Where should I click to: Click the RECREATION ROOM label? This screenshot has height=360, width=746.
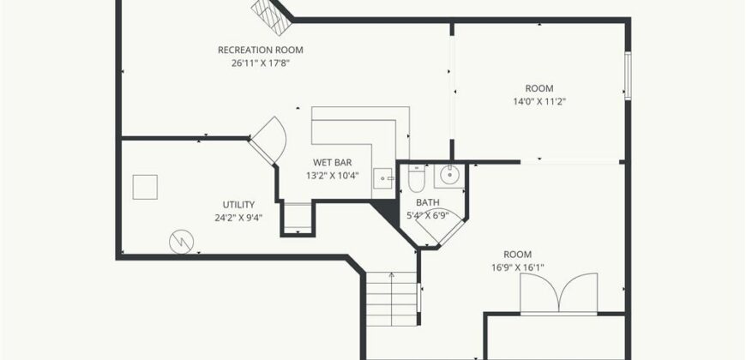[x=261, y=50]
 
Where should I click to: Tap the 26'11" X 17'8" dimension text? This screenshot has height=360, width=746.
[x=261, y=63]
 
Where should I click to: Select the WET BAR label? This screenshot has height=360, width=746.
[x=332, y=163]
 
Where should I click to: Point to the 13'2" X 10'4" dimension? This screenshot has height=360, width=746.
[x=332, y=176]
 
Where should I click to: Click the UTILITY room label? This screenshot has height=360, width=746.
[x=238, y=205]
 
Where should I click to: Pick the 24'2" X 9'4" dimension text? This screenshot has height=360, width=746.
[x=238, y=218]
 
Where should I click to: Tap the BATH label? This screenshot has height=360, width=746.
[x=428, y=202]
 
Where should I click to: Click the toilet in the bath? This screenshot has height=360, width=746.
[x=416, y=177]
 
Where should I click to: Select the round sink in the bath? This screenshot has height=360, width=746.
[x=448, y=175]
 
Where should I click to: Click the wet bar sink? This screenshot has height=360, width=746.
[x=382, y=178]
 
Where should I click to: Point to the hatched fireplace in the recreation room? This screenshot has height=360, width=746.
[x=272, y=16]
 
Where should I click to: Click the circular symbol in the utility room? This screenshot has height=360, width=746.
[x=181, y=242]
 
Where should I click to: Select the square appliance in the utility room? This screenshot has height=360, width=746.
[x=145, y=187]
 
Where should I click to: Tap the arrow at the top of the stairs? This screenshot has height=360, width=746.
[x=392, y=275]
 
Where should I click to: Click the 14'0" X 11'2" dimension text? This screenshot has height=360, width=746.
[x=539, y=101]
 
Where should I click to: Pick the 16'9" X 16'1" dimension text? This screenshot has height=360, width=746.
[x=518, y=267]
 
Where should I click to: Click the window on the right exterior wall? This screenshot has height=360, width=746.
[x=628, y=75]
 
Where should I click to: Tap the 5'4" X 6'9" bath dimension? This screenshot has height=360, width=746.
[x=428, y=215]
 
